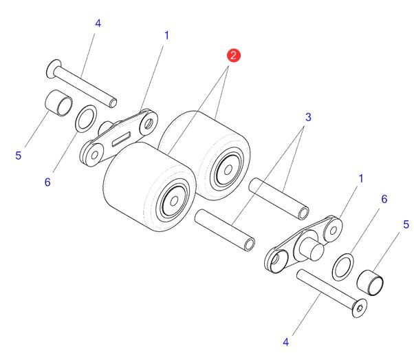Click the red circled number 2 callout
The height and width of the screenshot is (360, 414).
click(x=233, y=56)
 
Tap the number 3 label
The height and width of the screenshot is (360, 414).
click(x=308, y=117)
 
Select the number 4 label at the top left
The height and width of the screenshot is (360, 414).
click(x=98, y=23)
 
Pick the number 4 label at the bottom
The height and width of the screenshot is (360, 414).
click(x=285, y=342)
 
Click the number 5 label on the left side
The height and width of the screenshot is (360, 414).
click(x=18, y=156)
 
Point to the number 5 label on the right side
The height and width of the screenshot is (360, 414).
click(x=406, y=224)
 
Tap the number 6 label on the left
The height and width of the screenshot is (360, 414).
click(x=47, y=182)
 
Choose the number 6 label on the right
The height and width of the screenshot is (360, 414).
click(x=384, y=199)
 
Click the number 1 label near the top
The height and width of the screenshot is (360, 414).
click(x=166, y=35)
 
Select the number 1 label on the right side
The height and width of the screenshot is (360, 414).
click(x=361, y=179)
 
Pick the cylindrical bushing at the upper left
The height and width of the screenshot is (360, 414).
click(x=59, y=103)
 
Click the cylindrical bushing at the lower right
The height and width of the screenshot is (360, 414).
click(x=370, y=282)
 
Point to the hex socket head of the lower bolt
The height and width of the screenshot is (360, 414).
click(x=360, y=308)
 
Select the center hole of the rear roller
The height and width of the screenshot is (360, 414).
click(x=228, y=170)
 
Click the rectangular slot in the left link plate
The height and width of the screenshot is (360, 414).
click(x=121, y=139)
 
